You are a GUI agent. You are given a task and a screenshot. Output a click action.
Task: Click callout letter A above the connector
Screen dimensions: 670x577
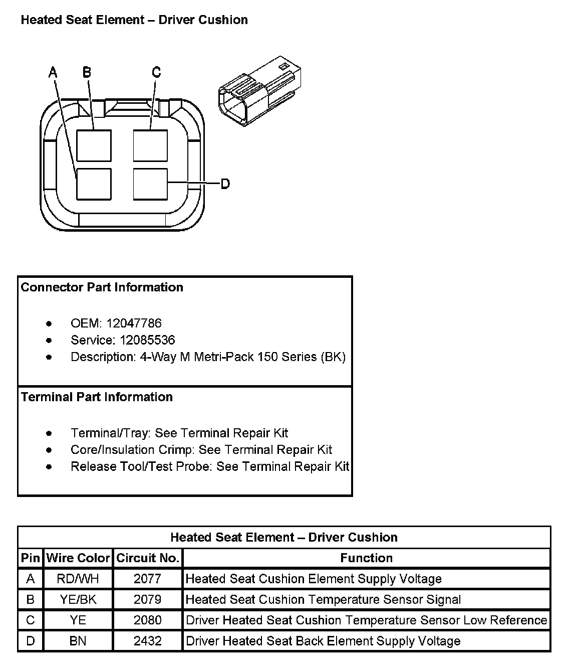(x=53, y=72)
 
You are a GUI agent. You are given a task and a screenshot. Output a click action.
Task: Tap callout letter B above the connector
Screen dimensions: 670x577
(x=87, y=72)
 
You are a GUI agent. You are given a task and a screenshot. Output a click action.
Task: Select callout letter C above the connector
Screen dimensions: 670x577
(x=156, y=72)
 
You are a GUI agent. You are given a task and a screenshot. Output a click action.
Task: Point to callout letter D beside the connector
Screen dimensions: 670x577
(x=225, y=184)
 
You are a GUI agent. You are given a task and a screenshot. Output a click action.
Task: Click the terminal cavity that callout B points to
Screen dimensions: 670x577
(x=94, y=145)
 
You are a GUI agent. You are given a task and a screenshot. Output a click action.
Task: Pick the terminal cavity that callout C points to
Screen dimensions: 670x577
(x=150, y=145)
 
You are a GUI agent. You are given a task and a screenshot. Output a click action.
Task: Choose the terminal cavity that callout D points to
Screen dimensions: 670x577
(x=150, y=184)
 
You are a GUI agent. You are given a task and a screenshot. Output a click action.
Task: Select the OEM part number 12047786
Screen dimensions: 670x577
(x=134, y=323)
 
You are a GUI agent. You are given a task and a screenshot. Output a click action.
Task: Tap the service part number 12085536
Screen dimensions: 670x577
(x=147, y=340)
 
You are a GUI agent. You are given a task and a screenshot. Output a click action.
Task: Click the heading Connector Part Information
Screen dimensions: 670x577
(x=102, y=287)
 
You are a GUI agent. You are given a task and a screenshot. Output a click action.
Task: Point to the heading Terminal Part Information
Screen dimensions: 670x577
(x=97, y=397)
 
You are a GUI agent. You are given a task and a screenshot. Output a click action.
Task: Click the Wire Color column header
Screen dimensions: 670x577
(x=78, y=558)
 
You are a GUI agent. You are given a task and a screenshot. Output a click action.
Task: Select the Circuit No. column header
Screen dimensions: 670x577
(x=148, y=558)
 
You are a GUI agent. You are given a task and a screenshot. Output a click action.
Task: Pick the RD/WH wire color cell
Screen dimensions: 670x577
(x=78, y=579)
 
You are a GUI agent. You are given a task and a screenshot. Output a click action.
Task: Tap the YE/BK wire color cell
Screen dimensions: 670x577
(x=78, y=600)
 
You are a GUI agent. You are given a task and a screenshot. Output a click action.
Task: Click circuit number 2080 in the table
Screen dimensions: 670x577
(x=148, y=620)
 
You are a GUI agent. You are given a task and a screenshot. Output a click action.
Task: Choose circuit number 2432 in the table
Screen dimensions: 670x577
(x=148, y=641)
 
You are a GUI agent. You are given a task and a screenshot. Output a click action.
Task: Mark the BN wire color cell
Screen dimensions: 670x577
(x=78, y=641)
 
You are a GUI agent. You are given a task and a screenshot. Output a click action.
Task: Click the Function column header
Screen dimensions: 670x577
(x=366, y=558)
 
